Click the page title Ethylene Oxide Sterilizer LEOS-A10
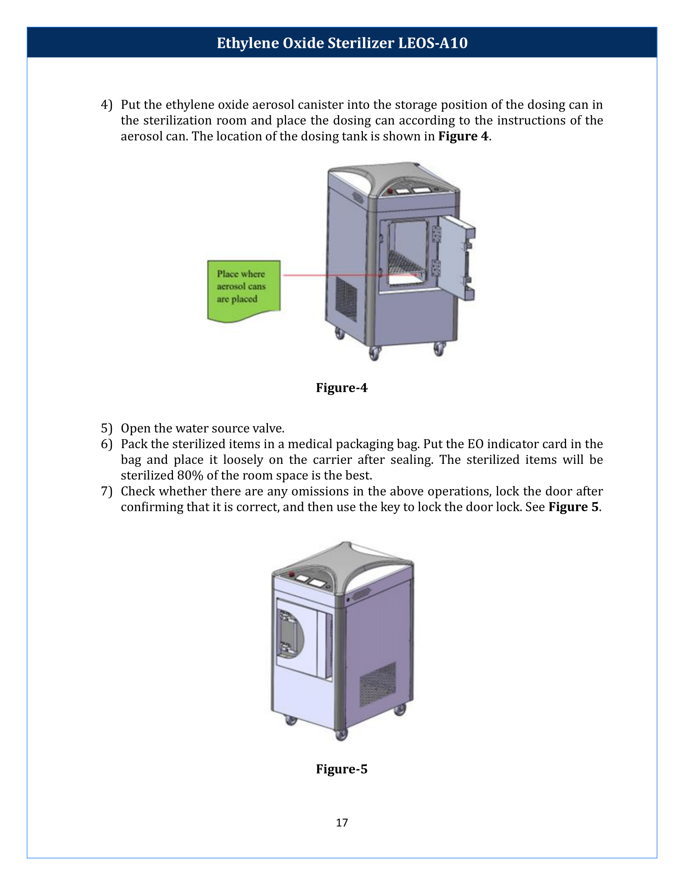[342, 43]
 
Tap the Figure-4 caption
[342, 388]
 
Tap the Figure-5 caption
[342, 769]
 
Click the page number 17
[342, 822]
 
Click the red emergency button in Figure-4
[390, 191]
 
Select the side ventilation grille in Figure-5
[378, 684]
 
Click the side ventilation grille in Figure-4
[346, 299]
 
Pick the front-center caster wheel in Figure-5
[342, 734]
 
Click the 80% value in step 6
[190, 476]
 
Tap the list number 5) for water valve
[107, 428]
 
